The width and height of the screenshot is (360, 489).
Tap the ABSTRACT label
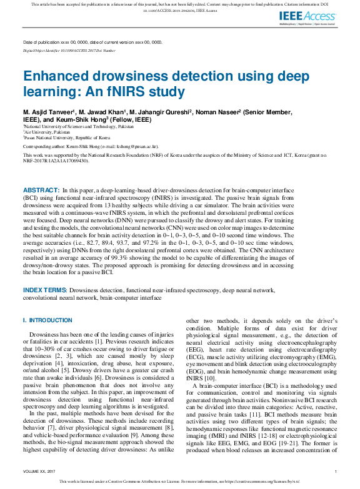point(41,189)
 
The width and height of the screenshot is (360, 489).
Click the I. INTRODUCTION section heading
point(47,320)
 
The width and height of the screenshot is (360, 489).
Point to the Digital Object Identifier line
point(69,49)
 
